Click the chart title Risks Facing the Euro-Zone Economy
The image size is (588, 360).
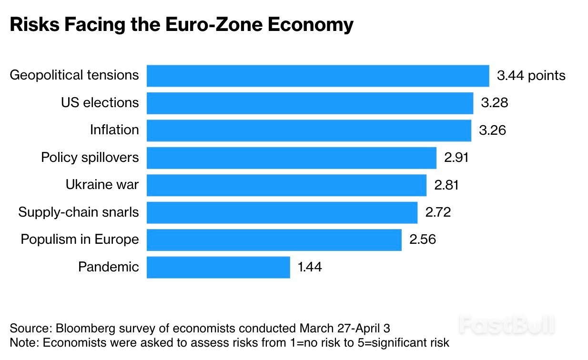coord(182,25)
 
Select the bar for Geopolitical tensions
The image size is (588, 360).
coord(317,76)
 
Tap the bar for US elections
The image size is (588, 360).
coord(310,103)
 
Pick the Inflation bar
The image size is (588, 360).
coord(309,130)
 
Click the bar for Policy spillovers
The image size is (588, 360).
coord(291,158)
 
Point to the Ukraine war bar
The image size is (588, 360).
coord(286,185)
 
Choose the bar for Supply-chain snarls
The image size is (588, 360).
coord(282,212)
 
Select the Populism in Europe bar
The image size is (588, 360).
coord(274,240)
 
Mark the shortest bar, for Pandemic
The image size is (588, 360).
coord(218,267)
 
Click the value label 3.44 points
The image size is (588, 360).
coord(531,76)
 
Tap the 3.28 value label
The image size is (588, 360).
coord(494,103)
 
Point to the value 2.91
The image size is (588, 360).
coord(456,158)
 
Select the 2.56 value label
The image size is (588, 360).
coord(422,240)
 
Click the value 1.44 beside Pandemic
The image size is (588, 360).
coord(310,267)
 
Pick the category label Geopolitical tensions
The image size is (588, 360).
coord(74,75)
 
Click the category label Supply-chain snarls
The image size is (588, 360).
coord(79,212)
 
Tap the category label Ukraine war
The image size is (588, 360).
coord(102,185)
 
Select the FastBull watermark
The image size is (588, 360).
coord(507,326)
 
